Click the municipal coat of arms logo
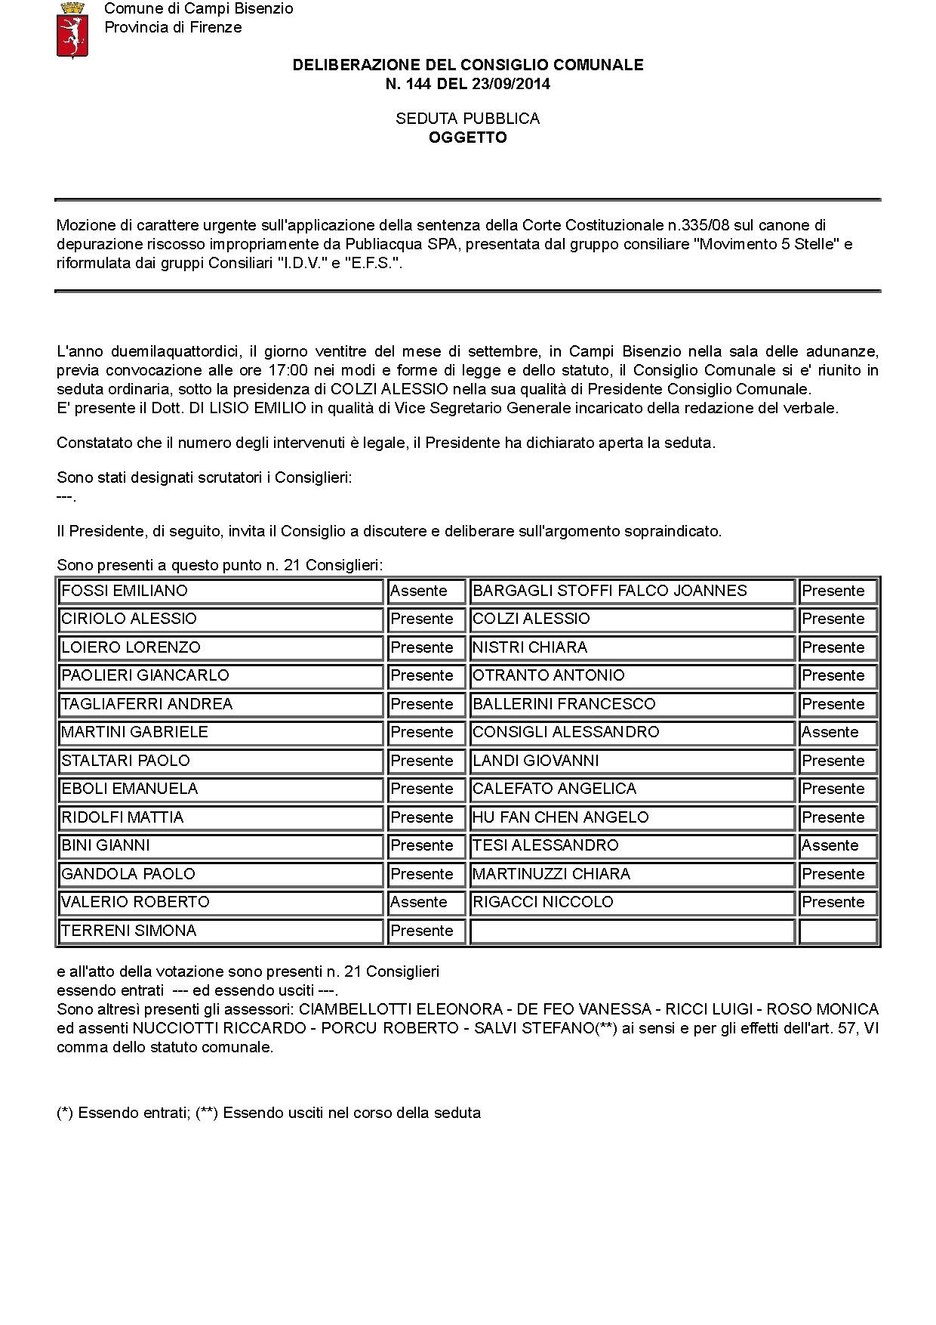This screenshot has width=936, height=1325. pos(72,29)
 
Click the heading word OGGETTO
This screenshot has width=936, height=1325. pos(467,137)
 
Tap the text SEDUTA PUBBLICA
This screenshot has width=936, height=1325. pos(467,119)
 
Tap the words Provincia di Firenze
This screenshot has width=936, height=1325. pos(173,27)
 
